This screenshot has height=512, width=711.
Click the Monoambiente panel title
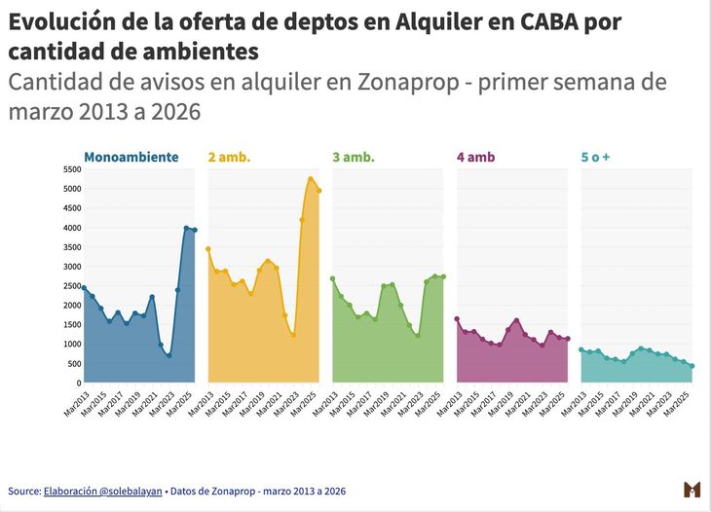click(131, 157)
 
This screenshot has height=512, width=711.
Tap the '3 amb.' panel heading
click(354, 157)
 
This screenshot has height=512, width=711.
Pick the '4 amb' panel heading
click(475, 157)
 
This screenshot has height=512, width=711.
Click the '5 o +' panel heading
click(595, 157)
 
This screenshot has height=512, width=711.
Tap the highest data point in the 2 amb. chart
click(311, 179)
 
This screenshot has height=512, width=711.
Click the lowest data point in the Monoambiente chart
click(168, 355)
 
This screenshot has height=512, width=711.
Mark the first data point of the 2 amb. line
click(208, 249)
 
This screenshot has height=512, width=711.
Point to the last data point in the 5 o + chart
click(692, 366)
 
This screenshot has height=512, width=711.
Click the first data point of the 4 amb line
click(457, 319)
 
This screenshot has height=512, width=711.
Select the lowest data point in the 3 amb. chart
click(418, 336)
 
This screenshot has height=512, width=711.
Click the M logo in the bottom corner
click(692, 489)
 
